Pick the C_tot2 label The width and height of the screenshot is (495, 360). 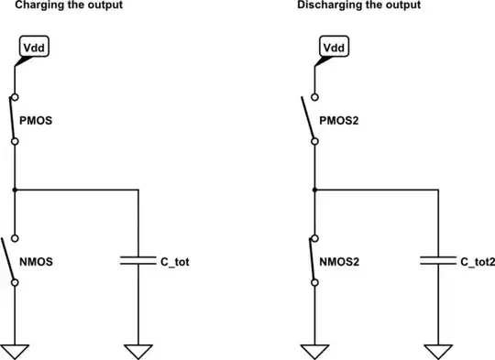tap(478, 261)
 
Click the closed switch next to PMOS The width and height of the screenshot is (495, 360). tap(15, 119)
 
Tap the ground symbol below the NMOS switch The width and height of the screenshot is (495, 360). tap(15, 351)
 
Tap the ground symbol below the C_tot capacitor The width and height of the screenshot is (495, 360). tap(138, 351)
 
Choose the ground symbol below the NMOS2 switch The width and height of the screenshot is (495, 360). tap(314, 351)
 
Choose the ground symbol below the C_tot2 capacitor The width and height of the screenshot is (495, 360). tap(438, 351)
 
